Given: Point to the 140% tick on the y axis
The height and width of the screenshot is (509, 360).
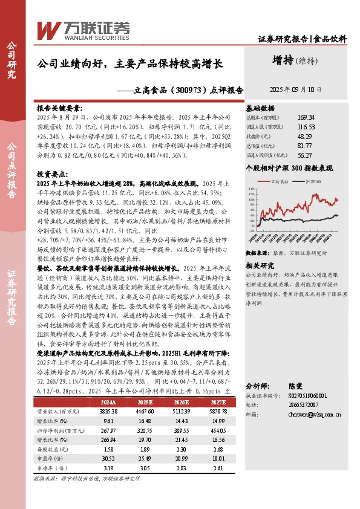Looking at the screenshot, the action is click(x=250, y=187).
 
